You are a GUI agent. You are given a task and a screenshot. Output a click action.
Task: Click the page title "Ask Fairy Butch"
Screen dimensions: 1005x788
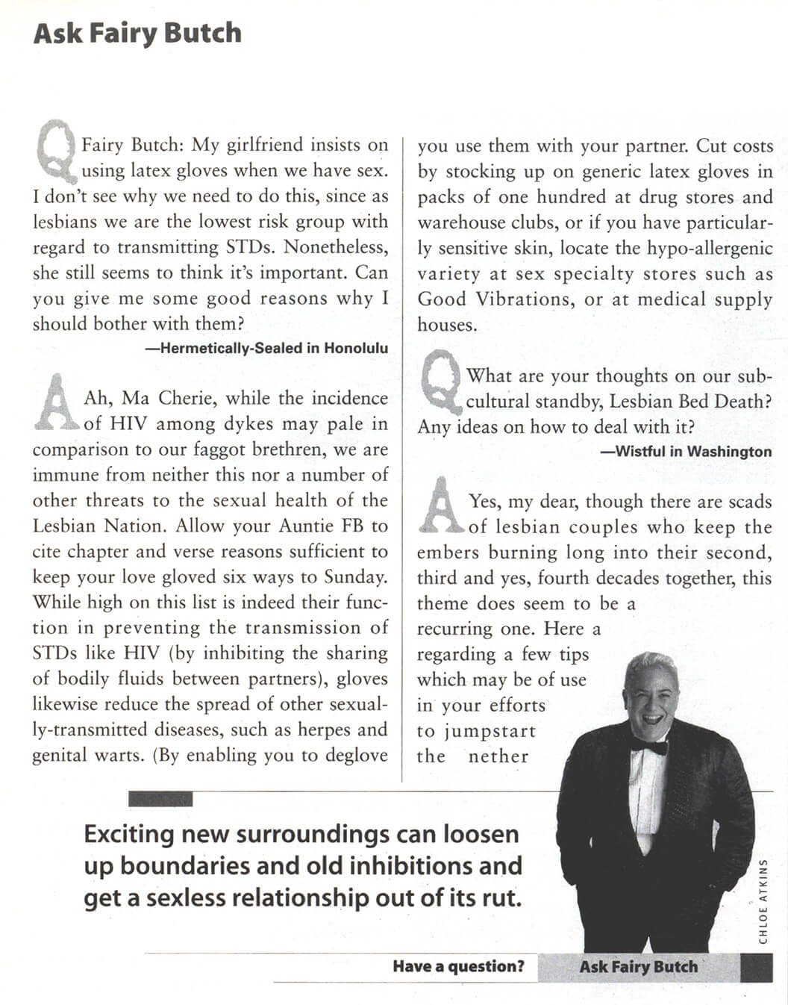(x=137, y=34)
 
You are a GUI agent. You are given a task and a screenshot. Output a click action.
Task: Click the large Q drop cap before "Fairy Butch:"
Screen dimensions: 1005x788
(x=56, y=154)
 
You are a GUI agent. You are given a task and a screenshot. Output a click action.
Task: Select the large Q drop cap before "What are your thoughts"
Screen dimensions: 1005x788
(x=441, y=383)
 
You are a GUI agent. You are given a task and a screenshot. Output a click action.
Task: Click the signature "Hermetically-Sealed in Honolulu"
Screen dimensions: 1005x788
(x=266, y=348)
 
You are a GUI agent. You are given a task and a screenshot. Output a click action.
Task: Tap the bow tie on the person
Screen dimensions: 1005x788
(x=649, y=744)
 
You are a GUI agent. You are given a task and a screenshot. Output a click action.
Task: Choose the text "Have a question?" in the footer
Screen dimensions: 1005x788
(x=458, y=966)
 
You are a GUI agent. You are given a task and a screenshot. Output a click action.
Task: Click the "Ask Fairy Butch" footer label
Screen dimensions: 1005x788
(x=638, y=966)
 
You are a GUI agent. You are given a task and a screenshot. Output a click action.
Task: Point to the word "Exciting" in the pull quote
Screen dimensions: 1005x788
(x=128, y=833)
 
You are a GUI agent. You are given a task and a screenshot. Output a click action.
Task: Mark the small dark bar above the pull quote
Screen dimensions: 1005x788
(x=160, y=799)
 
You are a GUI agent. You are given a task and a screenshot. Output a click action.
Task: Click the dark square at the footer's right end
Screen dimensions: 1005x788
(x=756, y=968)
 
